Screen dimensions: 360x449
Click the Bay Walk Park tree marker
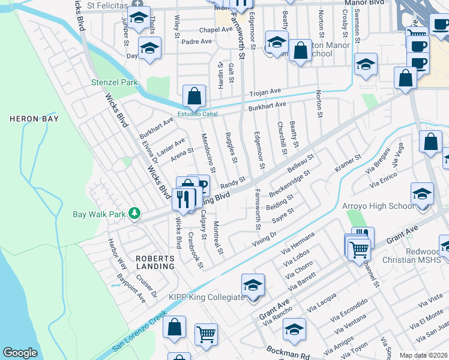pos(136,214)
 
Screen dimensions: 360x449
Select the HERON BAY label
pos(34,119)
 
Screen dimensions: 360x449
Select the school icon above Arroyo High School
pos(423,194)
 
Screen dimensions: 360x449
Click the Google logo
pos(20,353)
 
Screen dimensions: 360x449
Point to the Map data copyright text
pos(423,355)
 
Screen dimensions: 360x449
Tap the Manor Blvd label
pos(363,2)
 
